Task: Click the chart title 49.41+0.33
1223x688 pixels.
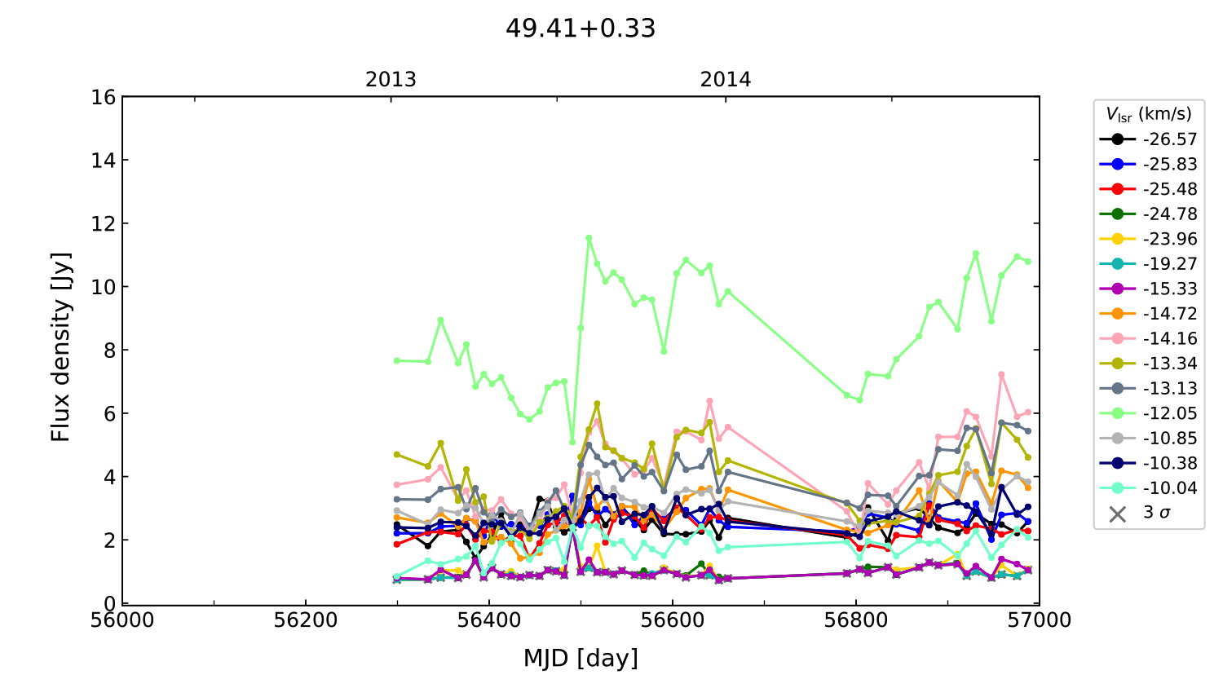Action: point(581,29)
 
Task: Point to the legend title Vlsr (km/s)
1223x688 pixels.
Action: point(1149,114)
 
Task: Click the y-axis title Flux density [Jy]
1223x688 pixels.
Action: point(61,347)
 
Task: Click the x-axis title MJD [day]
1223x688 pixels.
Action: point(581,658)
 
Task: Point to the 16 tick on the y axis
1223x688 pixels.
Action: point(104,98)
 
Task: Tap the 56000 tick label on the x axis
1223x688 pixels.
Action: point(122,620)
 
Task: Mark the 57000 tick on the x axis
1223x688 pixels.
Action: point(1039,620)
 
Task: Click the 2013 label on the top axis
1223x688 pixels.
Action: point(391,80)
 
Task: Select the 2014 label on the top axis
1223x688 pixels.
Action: point(726,80)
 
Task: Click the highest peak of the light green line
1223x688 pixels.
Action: point(589,238)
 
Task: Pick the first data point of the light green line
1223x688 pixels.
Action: point(397,360)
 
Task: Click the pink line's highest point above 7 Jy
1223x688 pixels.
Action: point(1001,374)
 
